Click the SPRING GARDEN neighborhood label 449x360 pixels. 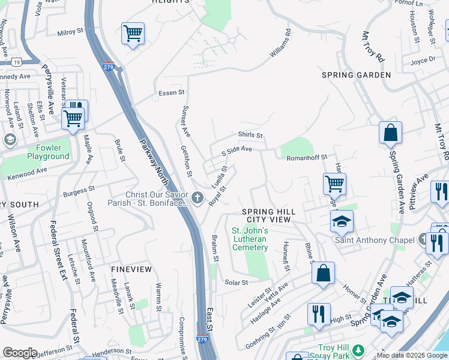356,75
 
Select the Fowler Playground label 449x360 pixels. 48,152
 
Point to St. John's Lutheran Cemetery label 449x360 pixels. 250,239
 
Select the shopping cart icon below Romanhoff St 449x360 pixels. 334,183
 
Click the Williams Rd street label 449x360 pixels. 280,44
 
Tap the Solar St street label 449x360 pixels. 236,282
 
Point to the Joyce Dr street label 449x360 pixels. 423,61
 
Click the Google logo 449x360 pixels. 20,353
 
